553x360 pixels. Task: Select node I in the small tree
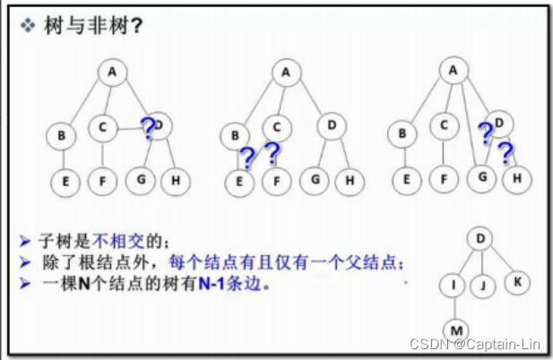pos(454,286)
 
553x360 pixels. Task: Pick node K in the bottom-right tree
pos(518,281)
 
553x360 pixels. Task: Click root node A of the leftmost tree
pos(113,72)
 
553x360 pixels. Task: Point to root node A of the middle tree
pos(286,73)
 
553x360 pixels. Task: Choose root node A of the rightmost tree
pos(454,69)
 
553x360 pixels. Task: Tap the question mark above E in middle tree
pos(247,158)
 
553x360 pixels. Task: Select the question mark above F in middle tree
pos(272,152)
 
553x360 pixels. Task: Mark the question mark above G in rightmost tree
pos(485,134)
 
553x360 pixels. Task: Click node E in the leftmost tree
pos(65,181)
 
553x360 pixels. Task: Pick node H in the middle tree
pos(349,181)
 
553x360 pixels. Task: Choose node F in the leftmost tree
pos(103,181)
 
